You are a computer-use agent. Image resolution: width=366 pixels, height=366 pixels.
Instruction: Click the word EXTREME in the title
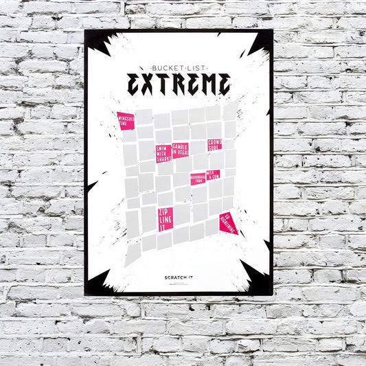coord(179,83)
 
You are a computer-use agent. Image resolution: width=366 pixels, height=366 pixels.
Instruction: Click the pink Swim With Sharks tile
coord(163,153)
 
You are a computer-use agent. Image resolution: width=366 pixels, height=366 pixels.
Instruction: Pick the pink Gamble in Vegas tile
coord(181,149)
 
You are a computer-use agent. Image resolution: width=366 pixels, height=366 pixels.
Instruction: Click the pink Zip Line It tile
coord(165,218)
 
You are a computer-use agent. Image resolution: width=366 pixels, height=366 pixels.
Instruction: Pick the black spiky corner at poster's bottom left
coord(98,280)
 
